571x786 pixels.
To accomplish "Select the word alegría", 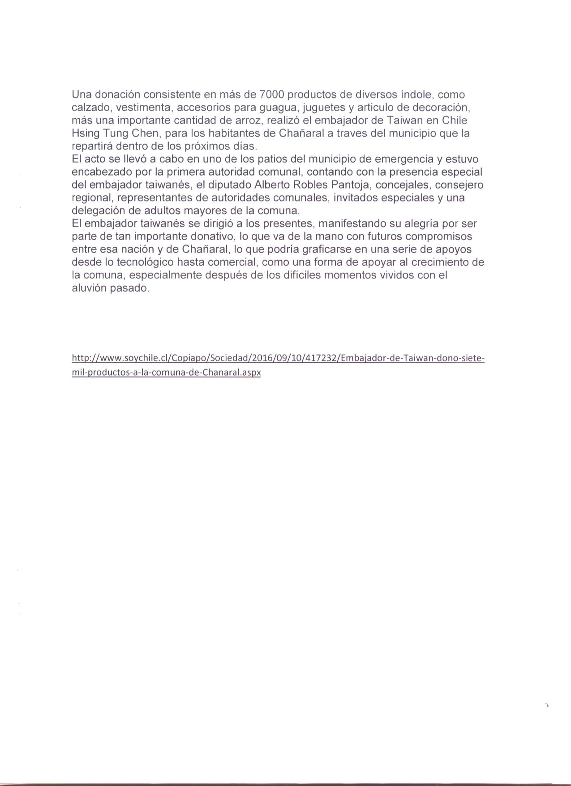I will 414,223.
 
